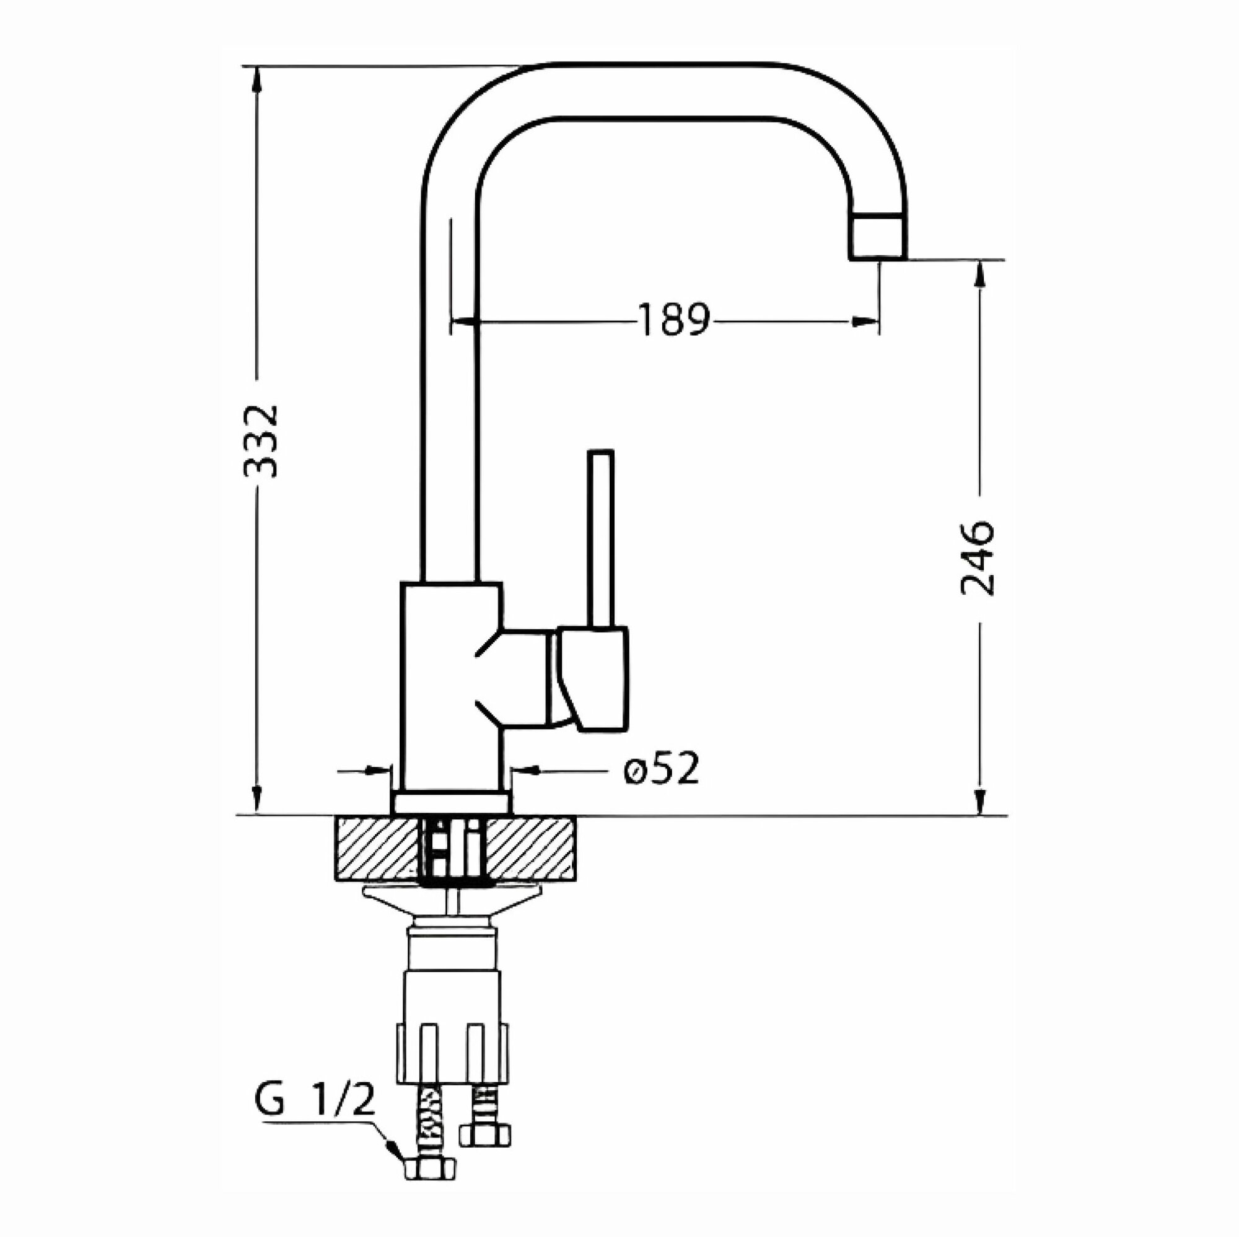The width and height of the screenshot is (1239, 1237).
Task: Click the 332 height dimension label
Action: point(261,441)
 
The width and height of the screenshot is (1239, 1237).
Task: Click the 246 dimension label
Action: point(978,559)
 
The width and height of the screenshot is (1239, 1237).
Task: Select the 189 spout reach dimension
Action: point(674,320)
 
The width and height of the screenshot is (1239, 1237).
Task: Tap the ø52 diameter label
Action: point(660,769)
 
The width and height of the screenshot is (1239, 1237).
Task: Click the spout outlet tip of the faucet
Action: point(878,238)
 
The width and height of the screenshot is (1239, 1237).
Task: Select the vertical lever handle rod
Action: point(600,539)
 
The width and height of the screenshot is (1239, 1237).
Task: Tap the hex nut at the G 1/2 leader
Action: point(430,1168)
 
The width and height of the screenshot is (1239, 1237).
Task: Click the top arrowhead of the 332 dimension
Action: point(257,80)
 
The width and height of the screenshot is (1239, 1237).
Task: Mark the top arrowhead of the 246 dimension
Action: point(979,274)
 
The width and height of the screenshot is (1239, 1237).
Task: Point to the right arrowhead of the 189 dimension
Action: point(864,322)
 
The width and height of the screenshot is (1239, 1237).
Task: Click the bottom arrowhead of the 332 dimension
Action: point(257,802)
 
